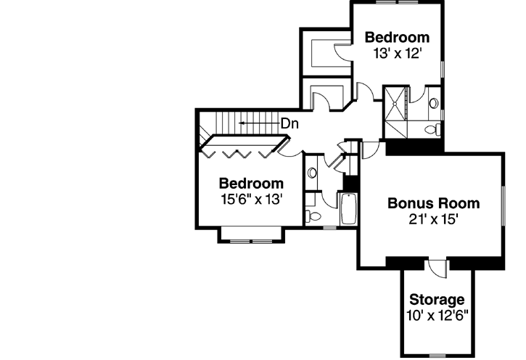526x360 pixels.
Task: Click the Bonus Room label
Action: point(433,202)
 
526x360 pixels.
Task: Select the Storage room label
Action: point(437,299)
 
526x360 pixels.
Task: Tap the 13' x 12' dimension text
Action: point(396,53)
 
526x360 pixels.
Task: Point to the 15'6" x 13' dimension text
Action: point(251,197)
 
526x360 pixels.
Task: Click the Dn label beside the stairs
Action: point(290,123)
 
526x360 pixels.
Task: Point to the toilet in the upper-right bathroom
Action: point(433,128)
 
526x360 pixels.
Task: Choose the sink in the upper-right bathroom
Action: point(434,103)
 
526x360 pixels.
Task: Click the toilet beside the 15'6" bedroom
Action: point(312,216)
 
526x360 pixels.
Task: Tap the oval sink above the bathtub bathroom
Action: point(312,173)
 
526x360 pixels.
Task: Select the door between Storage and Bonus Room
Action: point(438,267)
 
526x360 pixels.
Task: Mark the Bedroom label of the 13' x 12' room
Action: point(396,37)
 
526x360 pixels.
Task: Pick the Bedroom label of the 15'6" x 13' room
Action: point(251,183)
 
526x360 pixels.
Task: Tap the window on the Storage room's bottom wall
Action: point(437,356)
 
